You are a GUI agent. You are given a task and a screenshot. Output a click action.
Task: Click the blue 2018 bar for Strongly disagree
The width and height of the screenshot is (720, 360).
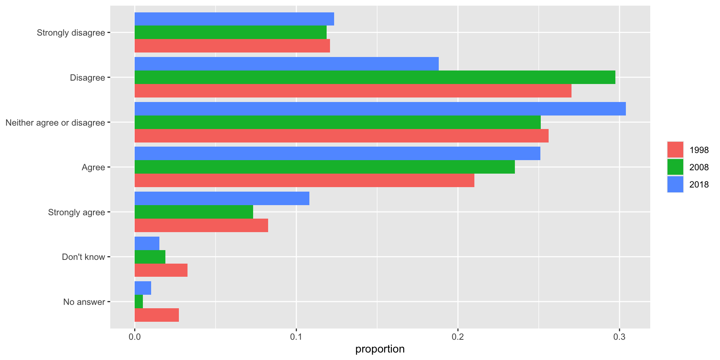coord(234,19)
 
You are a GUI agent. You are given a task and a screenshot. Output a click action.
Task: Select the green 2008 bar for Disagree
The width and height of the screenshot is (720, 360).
coord(375,77)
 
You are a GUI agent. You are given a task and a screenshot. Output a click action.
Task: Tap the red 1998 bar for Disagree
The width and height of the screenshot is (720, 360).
coord(352,91)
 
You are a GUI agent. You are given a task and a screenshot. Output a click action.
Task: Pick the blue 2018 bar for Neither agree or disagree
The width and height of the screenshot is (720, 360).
coord(380,109)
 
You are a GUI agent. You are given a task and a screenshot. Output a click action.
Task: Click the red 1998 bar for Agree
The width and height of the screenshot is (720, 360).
coord(304,180)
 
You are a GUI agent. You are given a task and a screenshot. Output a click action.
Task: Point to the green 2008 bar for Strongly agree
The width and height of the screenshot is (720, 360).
coord(193,212)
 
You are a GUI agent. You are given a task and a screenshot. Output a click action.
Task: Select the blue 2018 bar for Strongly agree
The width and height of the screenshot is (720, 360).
coord(222,198)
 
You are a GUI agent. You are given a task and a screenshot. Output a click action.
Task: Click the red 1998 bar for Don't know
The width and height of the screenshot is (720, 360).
coord(161,270)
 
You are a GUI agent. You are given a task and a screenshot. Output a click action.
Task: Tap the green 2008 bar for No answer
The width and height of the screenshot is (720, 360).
coord(139,301)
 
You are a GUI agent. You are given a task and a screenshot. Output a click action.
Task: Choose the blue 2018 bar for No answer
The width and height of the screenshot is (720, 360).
coord(143,288)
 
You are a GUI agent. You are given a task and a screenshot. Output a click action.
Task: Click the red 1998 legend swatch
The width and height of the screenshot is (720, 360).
coord(675,150)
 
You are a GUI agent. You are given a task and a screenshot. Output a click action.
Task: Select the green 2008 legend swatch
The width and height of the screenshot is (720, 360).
coord(675,167)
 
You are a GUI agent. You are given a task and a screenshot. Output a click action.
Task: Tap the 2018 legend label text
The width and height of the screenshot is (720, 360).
coord(699,184)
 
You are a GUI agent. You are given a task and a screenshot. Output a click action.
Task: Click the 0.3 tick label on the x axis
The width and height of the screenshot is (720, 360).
coord(619,337)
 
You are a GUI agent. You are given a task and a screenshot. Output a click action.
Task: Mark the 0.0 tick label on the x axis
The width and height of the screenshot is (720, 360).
coord(135,337)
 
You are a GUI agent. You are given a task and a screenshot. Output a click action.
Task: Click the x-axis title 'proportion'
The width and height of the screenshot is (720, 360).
coord(380,349)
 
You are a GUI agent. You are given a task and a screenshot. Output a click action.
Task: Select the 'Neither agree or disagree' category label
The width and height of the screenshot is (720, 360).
coord(55,123)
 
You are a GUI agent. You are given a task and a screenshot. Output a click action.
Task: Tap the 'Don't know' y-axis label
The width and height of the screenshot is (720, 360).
coord(83,257)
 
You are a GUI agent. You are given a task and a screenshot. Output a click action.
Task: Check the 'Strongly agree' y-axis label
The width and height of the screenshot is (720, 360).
coord(76,212)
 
